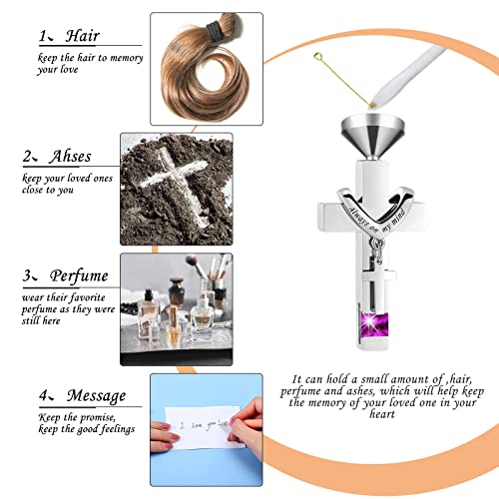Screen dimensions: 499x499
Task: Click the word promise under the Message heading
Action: (81, 416)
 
